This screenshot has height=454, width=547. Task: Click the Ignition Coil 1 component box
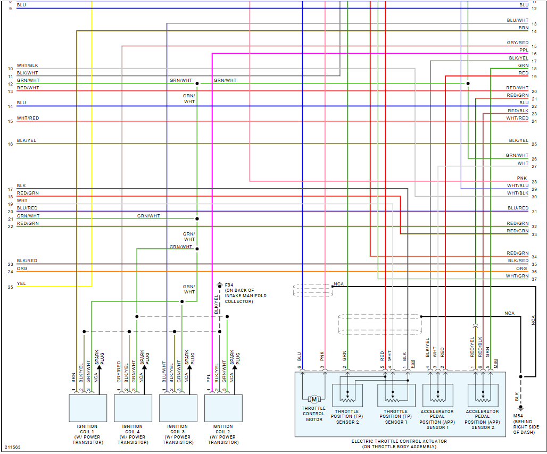pos(88,408)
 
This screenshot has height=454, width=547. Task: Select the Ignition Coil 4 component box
pos(132,408)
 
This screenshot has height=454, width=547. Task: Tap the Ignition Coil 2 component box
pos(223,408)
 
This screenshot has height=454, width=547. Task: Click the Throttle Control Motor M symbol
pos(314,399)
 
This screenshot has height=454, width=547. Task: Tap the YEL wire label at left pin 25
pos(21,283)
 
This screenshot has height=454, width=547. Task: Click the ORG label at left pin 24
pos(22,268)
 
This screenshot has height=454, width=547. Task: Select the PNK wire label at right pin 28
pos(522,178)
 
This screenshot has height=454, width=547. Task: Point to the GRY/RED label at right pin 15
pos(518,43)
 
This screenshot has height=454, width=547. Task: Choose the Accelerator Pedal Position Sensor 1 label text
pos(438,419)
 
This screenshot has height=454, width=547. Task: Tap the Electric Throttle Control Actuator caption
pos(400,444)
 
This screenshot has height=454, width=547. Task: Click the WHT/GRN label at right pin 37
pos(517,276)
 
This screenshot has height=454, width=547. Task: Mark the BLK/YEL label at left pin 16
pos(27,140)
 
